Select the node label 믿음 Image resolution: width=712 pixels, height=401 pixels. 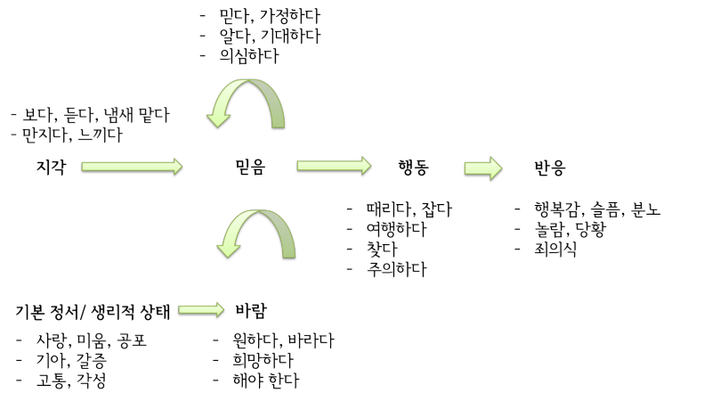click(x=250, y=167)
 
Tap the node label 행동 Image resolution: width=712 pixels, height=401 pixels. click(x=413, y=167)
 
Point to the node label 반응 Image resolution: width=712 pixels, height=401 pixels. click(x=549, y=167)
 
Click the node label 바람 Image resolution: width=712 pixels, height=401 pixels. click(x=251, y=311)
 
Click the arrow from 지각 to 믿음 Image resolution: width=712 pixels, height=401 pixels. click(x=132, y=167)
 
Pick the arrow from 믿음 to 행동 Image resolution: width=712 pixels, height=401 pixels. click(x=334, y=167)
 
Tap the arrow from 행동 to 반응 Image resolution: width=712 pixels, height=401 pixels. click(x=483, y=168)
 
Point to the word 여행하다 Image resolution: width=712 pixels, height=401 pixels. click(x=396, y=229)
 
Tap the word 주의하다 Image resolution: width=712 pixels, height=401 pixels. click(x=396, y=268)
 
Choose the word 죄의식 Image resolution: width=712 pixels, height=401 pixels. click(x=555, y=249)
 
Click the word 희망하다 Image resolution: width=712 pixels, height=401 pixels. click(x=263, y=360)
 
